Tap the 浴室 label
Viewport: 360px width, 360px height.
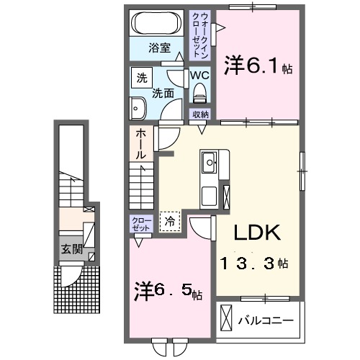(159, 49)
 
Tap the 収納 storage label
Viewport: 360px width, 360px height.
(200, 114)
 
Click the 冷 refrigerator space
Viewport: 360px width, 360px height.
(170, 221)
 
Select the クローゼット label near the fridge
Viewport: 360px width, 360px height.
(140, 223)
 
